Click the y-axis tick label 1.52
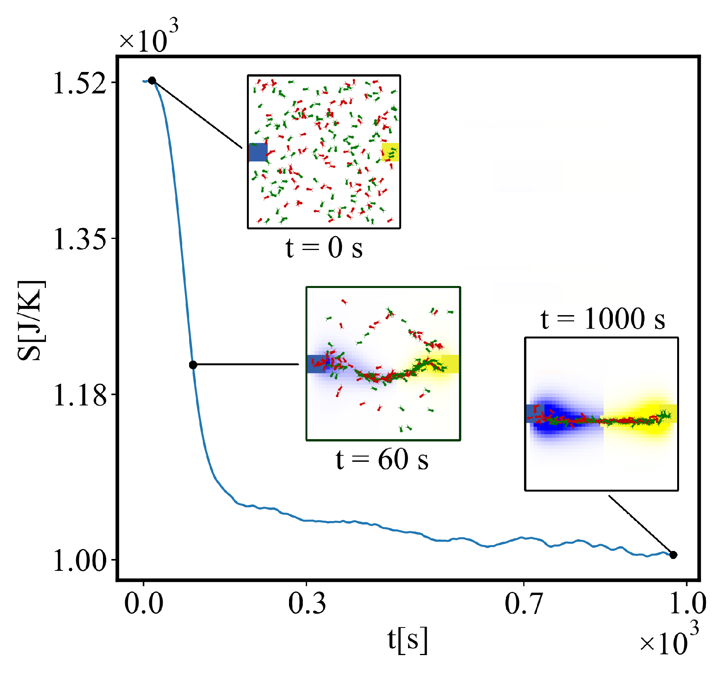coord(80,83)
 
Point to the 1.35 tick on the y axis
coord(80,240)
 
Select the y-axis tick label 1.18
coord(80,396)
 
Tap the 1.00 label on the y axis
coord(80,561)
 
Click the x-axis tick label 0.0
coord(144,603)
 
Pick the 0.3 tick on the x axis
coord(307,603)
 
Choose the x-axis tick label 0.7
coord(523,603)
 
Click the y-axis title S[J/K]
coord(31,321)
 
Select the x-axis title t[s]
coord(407,639)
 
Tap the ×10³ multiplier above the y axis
coord(149,37)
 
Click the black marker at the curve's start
coord(152,80)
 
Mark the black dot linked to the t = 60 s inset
coord(193,365)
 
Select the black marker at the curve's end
coord(673,555)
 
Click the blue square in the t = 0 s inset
coord(258,152)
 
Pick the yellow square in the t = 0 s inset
coord(390,152)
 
